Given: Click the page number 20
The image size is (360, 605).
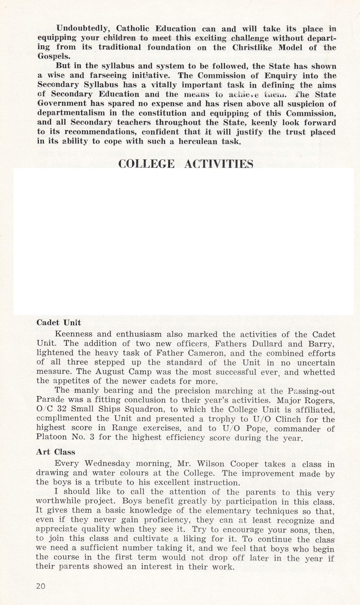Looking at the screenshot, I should pos(40,586).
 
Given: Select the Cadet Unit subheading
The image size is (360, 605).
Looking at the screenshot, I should pos(59,323).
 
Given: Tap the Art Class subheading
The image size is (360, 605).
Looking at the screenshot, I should pos(55,452).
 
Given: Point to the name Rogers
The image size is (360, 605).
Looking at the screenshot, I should pos(318,400).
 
